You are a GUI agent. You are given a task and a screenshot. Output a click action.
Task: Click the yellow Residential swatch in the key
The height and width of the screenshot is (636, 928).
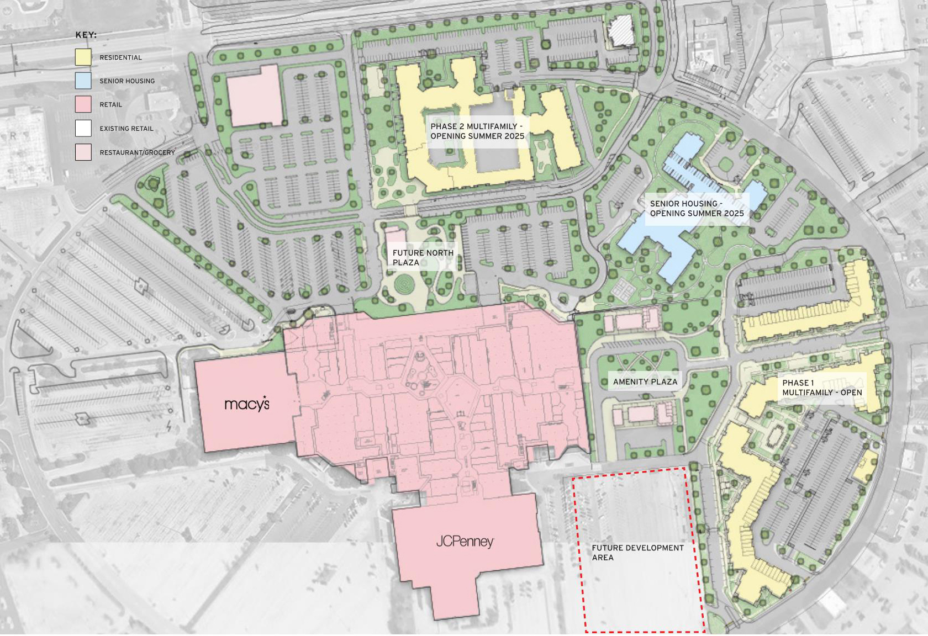coord(83,57)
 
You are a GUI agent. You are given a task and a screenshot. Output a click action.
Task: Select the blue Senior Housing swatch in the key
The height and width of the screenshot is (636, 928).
coord(83,81)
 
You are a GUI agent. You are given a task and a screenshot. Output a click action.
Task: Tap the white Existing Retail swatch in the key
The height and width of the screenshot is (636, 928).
coord(83,128)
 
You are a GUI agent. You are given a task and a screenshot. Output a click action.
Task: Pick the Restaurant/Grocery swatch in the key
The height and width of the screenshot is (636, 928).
coord(83,152)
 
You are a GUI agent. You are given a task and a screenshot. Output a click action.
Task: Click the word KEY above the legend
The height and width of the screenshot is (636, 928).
coord(86,35)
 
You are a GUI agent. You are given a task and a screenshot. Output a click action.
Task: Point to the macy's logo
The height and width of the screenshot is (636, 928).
coord(247,404)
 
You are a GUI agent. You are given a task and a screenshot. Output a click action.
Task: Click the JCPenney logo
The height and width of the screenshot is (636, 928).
coord(465,541)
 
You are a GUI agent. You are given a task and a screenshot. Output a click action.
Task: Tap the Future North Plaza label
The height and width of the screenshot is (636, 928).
coord(423,257)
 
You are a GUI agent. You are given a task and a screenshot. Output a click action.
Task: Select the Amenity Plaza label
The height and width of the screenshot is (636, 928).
coord(645,381)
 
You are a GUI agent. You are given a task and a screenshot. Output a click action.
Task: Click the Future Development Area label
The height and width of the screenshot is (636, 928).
coord(637,552)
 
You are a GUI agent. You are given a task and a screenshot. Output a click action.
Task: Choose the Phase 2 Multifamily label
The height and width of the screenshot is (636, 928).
coord(477,131)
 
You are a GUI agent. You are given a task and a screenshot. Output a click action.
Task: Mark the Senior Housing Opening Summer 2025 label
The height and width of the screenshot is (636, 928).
coord(697,208)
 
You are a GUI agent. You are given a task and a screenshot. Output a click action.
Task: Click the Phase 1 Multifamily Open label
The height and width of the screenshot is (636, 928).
coord(821,388)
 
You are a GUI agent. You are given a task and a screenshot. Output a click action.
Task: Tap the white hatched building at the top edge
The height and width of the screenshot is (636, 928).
coord(620,31)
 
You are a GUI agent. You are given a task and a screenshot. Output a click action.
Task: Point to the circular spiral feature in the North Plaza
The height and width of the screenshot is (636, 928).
coord(405,284)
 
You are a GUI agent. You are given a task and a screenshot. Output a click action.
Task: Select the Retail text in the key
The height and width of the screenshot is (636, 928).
coord(110,104)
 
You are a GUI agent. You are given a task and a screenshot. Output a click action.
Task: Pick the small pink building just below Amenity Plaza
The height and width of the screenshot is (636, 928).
coord(641,414)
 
